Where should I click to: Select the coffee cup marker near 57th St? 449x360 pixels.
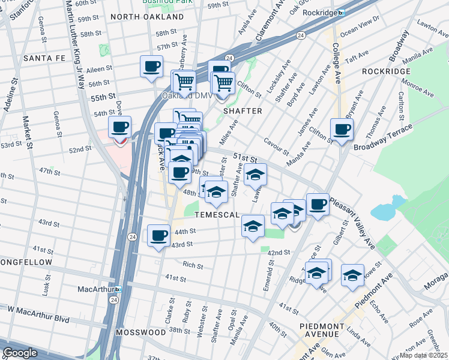(x=151, y=66)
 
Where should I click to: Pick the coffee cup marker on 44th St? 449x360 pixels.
(x=158, y=235)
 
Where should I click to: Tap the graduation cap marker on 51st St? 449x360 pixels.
(x=256, y=175)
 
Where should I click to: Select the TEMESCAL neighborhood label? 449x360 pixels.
(x=216, y=215)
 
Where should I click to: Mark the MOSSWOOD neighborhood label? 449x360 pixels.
(x=140, y=332)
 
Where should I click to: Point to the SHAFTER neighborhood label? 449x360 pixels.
(x=243, y=111)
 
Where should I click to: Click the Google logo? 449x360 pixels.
(x=20, y=353)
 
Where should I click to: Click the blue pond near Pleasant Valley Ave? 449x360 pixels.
(x=384, y=211)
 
